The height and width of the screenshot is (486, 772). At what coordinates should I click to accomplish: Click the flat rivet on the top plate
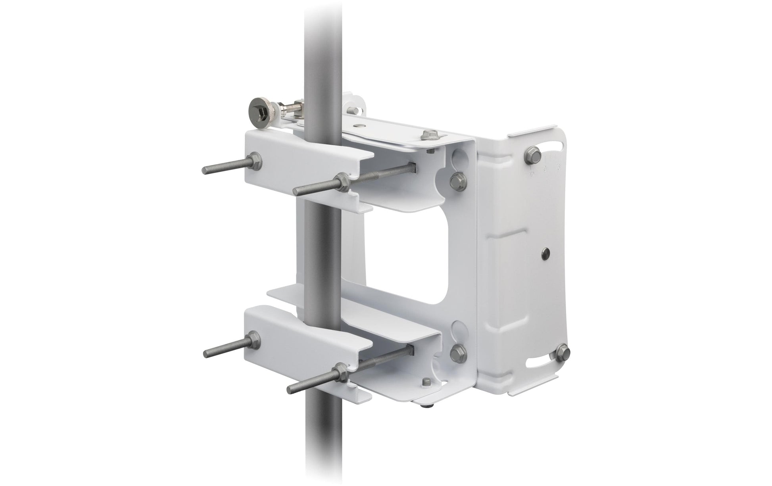359,126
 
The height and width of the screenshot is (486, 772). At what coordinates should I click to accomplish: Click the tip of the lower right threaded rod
290,387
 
